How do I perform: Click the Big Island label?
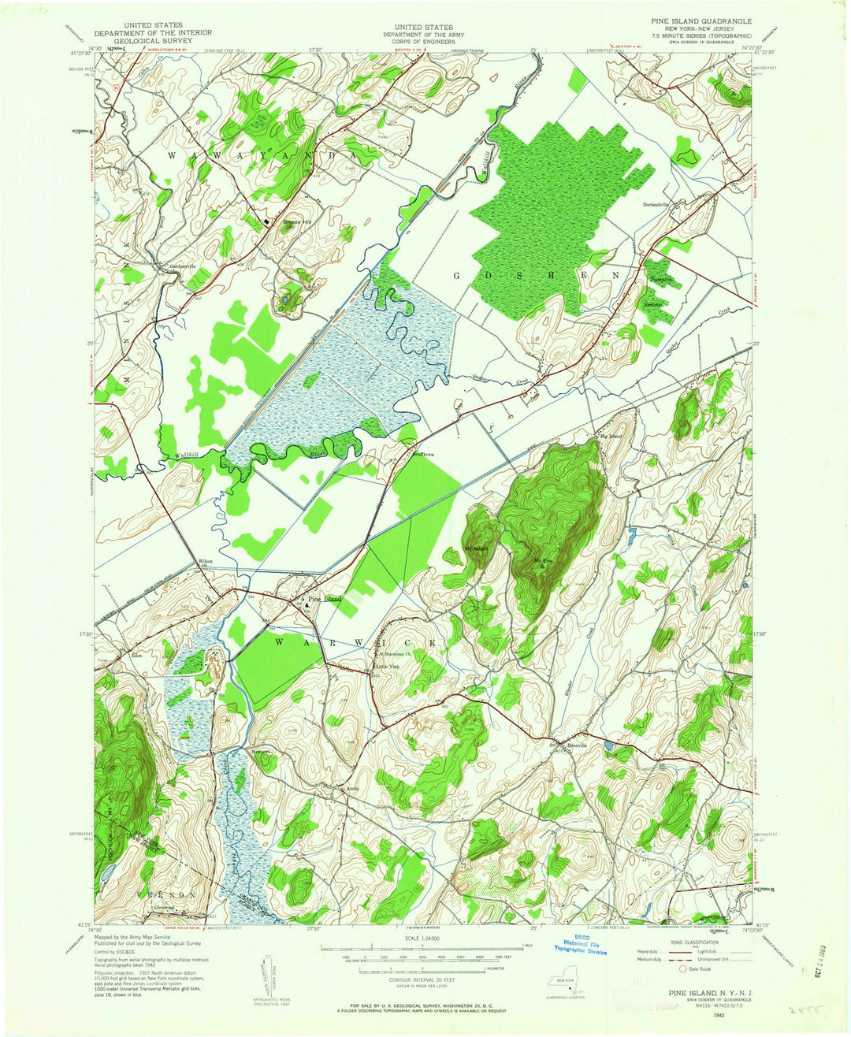tap(611, 436)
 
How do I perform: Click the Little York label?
tap(388, 667)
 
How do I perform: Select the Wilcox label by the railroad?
tap(206, 560)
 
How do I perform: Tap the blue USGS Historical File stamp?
tap(582, 945)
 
